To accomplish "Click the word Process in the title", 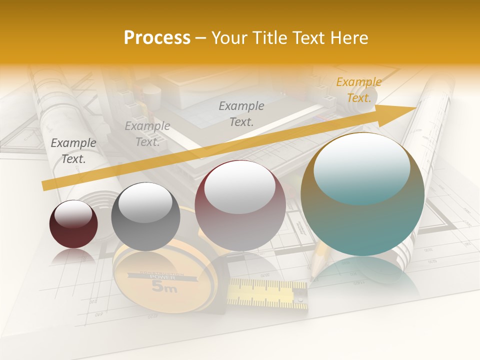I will [x=157, y=38].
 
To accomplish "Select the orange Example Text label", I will [x=358, y=90].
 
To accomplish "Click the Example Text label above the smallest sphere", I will [x=73, y=151].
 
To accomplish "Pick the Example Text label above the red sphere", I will [x=241, y=113].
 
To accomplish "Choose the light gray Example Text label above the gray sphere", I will [x=147, y=134].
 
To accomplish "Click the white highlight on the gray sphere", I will [x=145, y=202].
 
